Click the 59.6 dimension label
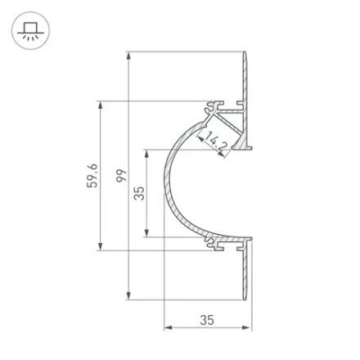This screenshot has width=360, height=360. pos(92,176)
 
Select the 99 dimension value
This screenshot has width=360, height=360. pos(121,176)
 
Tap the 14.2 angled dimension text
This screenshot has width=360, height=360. pos(215,141)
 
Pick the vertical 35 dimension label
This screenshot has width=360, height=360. pos(139,193)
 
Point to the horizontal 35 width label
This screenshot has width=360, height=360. pos(207,320)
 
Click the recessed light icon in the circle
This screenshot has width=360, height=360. pos(30,31)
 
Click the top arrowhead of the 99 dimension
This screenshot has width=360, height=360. pos(128,56)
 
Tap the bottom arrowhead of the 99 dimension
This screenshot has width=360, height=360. pos(128,295)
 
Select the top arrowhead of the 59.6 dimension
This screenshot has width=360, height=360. pos(101,106)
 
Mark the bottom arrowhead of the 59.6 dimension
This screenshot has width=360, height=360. pos(101,246)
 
